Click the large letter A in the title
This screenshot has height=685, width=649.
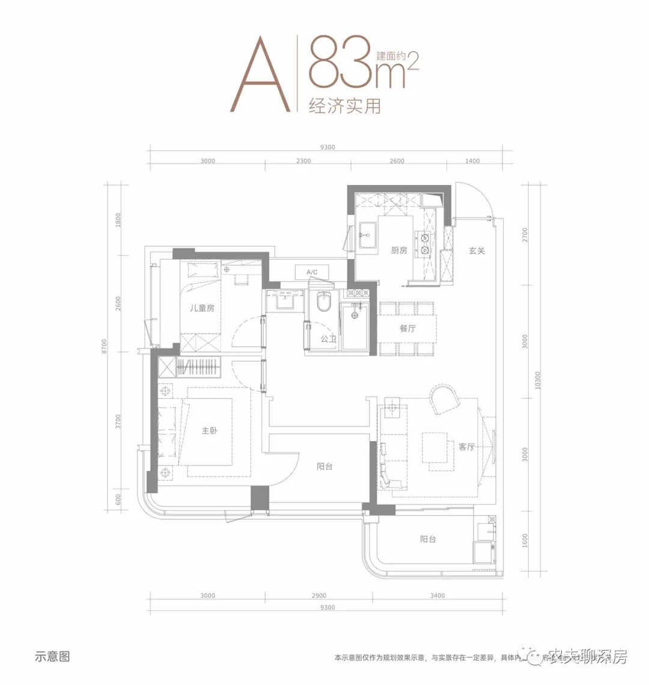tap(260, 75)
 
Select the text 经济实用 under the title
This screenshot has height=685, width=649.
tap(344, 106)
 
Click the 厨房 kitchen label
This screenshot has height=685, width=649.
tap(399, 250)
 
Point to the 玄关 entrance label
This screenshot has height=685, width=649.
tap(477, 251)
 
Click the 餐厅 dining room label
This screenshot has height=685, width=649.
tap(407, 328)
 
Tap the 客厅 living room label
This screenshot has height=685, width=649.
tap(466, 446)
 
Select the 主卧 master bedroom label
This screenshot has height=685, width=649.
tap(209, 431)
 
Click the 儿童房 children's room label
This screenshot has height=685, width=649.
tap(202, 308)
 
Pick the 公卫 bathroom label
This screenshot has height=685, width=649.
tap(328, 339)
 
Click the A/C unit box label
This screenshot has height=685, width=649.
tap(312, 272)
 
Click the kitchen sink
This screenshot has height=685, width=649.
tap(367, 235)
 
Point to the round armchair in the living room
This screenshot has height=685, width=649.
tap(445, 400)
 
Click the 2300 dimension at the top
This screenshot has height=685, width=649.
tap(303, 161)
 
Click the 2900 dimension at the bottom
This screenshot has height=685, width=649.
tap(319, 595)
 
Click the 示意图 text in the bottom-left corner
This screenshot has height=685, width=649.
tap(52, 657)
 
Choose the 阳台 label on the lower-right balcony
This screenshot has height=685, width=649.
tap(428, 539)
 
